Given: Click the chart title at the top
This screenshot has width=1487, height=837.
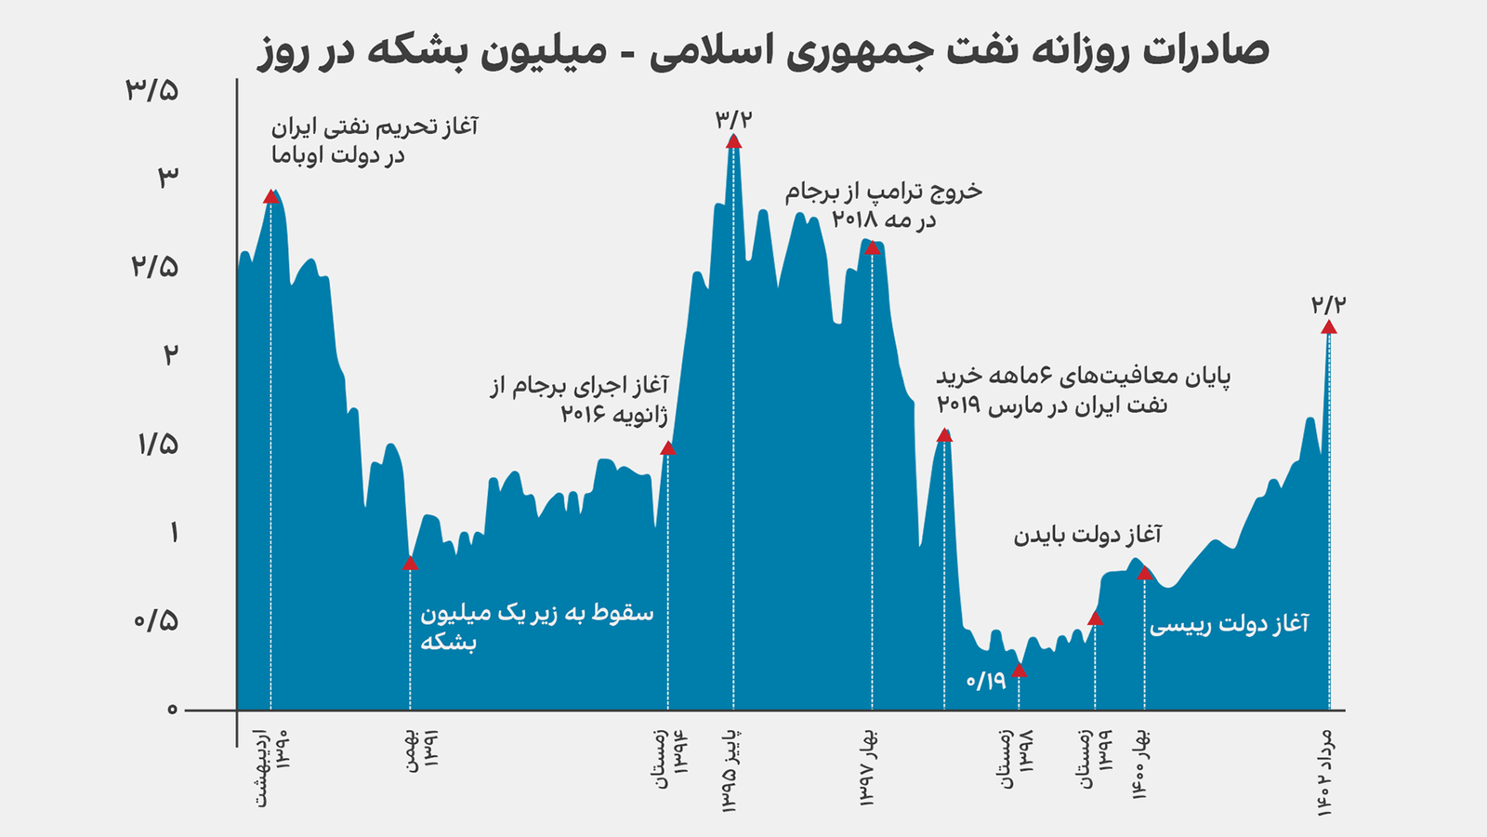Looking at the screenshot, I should pyautogui.click(x=763, y=50).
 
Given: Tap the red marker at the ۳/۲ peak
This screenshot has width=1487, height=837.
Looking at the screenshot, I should pyautogui.click(x=733, y=141).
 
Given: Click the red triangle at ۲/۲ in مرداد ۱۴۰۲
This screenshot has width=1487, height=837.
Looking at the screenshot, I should pyautogui.click(x=1329, y=326).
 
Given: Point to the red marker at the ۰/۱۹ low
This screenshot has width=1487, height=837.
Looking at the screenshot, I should pyautogui.click(x=1019, y=670).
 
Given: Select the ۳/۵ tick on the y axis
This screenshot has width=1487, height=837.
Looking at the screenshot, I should pyautogui.click(x=152, y=90).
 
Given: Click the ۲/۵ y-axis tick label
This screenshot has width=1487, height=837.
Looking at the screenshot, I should pyautogui.click(x=153, y=267).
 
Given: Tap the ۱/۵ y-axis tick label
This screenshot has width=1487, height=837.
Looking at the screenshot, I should pyautogui.click(x=157, y=444).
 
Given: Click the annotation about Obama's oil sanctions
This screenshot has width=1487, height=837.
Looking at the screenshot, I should pyautogui.click(x=375, y=140).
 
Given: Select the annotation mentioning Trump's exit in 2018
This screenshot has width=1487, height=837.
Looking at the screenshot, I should pyautogui.click(x=883, y=206).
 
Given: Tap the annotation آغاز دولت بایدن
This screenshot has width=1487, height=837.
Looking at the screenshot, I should pyautogui.click(x=1087, y=535).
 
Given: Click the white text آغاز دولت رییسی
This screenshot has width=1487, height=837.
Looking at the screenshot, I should pyautogui.click(x=1229, y=624).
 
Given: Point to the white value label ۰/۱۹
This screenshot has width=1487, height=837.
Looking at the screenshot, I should pyautogui.click(x=986, y=681).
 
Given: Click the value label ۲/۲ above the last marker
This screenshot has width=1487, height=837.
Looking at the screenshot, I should pyautogui.click(x=1329, y=304).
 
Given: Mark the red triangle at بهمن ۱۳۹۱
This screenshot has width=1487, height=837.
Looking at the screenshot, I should pyautogui.click(x=410, y=564).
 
